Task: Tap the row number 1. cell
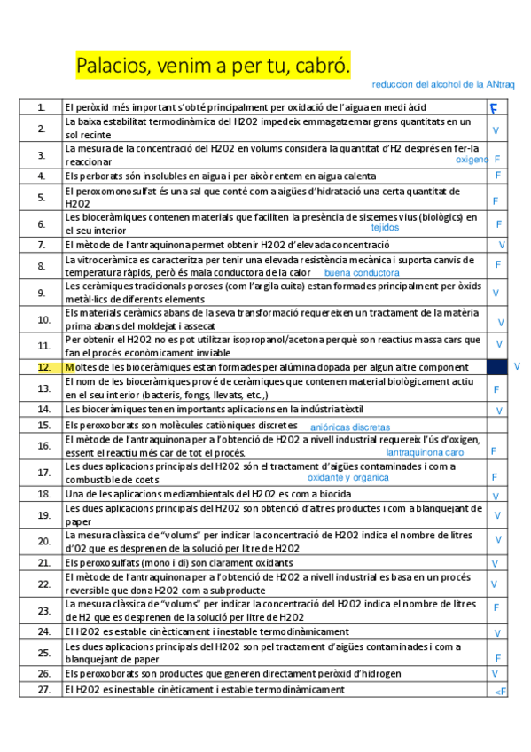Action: (42, 107)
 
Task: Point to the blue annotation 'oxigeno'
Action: (472, 160)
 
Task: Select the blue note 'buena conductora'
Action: (362, 273)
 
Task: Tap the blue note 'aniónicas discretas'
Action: (350, 427)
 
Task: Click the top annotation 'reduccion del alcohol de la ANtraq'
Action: (443, 84)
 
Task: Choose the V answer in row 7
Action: (502, 245)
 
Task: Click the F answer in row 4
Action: (497, 176)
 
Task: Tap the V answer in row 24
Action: (496, 633)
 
